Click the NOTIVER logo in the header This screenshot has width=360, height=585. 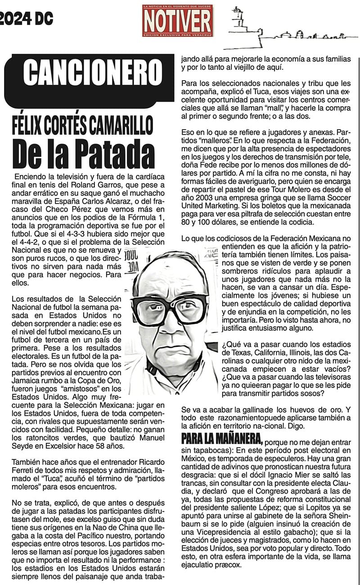click(178, 21)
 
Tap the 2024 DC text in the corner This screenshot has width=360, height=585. click(26, 18)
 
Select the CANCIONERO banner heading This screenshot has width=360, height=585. click(93, 73)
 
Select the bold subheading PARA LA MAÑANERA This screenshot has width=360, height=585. click(222, 438)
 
